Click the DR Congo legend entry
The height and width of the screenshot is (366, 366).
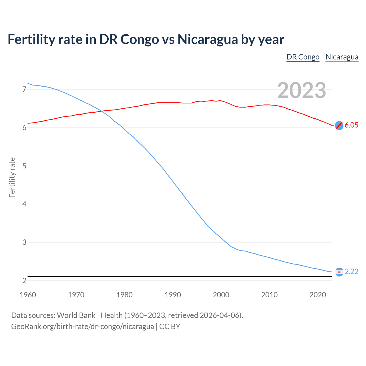(303, 57)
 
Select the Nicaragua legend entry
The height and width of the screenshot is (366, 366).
(342, 57)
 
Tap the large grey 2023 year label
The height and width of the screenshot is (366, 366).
(302, 90)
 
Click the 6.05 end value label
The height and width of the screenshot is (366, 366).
(351, 125)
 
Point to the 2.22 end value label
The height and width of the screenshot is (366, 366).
(351, 271)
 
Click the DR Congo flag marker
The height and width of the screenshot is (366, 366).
(339, 125)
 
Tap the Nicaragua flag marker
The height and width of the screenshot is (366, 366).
(339, 272)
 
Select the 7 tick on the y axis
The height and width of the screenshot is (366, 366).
(24, 89)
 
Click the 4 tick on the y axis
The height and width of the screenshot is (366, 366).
(24, 204)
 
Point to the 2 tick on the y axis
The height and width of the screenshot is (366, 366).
(24, 281)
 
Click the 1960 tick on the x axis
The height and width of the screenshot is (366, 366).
(28, 295)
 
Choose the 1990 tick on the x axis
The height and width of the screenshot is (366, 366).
(173, 295)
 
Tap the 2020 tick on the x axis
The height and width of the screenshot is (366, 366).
(318, 295)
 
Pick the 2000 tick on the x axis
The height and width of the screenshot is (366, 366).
(221, 295)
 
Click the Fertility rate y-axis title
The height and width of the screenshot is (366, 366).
(12, 177)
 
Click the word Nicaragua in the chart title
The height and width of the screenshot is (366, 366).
(207, 39)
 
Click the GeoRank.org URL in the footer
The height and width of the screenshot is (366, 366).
(82, 327)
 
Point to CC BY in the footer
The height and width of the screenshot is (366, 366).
(170, 327)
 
